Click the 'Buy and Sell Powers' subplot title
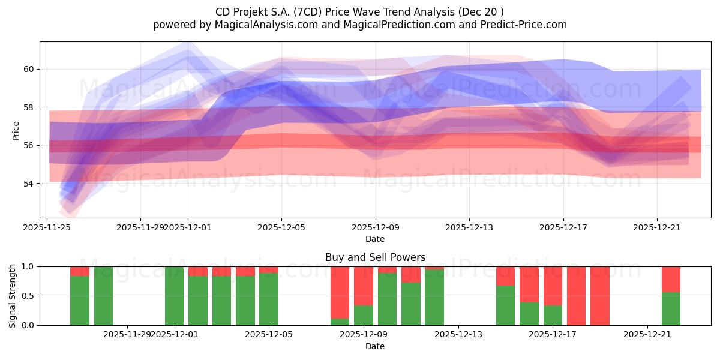[x=375, y=257]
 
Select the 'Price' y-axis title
[x=16, y=130]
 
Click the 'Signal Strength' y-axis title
[x=13, y=296]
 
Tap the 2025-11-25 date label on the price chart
[x=47, y=227]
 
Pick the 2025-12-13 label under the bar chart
[x=458, y=335]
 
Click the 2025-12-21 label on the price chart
[x=657, y=227]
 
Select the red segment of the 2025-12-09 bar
[x=363, y=286]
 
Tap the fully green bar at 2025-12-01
[x=174, y=296]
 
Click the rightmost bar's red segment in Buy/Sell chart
[x=671, y=279]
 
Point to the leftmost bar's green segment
[x=80, y=300]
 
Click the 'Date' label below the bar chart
[x=375, y=346]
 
